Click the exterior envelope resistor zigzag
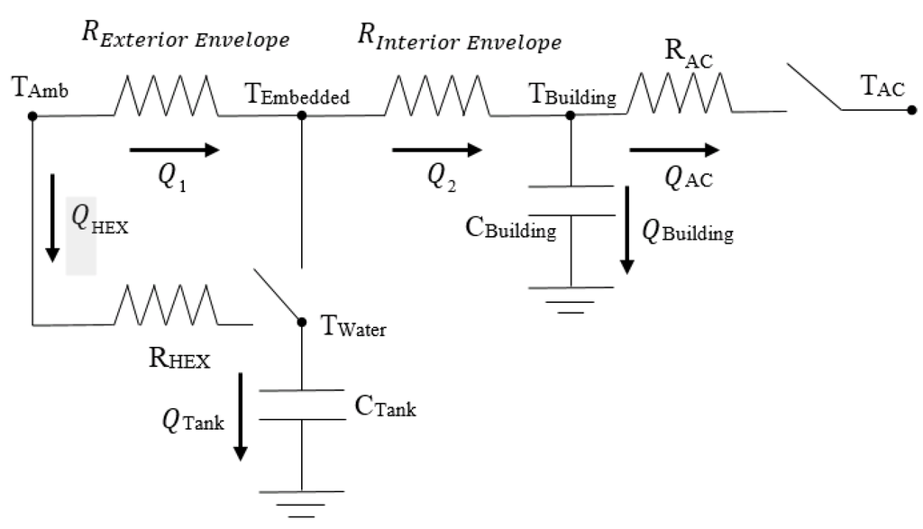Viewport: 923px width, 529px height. pos(166,96)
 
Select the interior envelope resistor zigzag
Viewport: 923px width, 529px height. pos(439,96)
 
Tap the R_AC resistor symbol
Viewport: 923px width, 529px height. pos(680,92)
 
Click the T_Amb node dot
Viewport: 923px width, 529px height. pos(32,115)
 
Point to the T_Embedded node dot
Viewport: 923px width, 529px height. pos(301,115)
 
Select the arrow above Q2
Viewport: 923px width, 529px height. pos(431,150)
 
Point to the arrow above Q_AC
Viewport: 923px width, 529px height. pos(674,150)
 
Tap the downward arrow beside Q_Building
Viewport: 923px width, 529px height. pos(626,231)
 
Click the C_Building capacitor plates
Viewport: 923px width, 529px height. pos(571,201)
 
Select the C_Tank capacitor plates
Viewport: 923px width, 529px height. pos(301,406)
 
